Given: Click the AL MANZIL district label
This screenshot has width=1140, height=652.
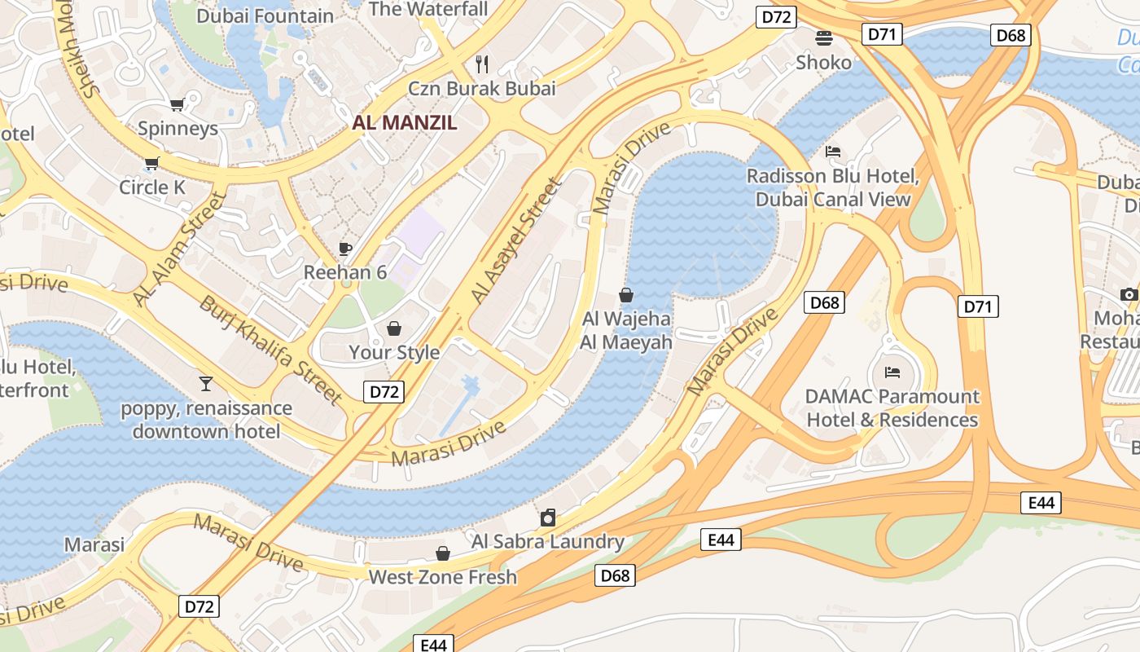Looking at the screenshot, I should (404, 123).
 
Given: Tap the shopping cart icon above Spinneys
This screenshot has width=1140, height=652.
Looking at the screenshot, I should (177, 104).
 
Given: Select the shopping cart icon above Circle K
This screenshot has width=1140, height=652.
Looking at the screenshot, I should (151, 164).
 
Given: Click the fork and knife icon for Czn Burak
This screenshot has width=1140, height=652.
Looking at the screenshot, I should (482, 64).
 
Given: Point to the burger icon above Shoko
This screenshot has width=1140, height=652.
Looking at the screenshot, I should (824, 37).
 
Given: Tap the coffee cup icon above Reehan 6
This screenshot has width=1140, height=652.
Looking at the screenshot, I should (345, 249).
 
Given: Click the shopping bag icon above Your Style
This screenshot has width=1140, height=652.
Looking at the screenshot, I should (394, 328).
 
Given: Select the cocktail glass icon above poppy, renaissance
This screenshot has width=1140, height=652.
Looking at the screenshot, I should (206, 383).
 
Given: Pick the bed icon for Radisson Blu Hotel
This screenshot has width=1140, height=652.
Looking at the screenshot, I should (833, 152).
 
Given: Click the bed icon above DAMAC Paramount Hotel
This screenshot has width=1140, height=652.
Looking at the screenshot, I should (892, 372).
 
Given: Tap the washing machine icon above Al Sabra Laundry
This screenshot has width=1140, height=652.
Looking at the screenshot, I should (548, 518).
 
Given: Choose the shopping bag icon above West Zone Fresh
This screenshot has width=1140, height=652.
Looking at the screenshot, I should (443, 554).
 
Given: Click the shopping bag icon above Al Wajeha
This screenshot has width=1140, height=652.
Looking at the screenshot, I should (626, 295).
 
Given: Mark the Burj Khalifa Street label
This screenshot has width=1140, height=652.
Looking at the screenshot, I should (270, 350).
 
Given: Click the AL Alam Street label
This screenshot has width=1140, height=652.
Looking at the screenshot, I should (178, 250).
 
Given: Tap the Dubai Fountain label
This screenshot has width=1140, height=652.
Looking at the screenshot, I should (265, 15).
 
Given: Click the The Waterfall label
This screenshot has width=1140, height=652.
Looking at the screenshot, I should (428, 9).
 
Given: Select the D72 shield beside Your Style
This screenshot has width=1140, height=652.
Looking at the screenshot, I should (384, 392).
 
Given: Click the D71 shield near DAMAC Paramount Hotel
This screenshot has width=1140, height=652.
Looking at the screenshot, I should (978, 306).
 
